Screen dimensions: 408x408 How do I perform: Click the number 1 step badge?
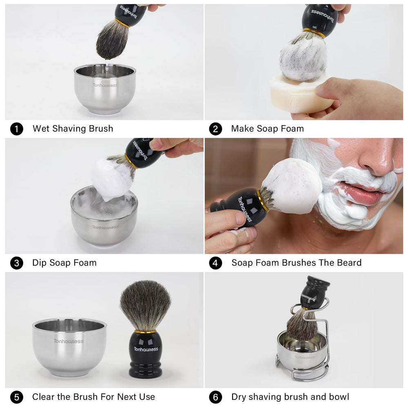pyautogui.click(x=16, y=129)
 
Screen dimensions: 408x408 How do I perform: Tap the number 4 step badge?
pyautogui.click(x=215, y=263)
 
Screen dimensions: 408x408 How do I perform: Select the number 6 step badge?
pyautogui.click(x=215, y=397)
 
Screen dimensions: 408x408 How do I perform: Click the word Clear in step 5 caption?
pyautogui.click(x=44, y=397)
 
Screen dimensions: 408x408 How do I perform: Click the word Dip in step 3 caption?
pyautogui.click(x=40, y=263)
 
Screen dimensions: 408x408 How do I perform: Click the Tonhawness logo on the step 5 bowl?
pyautogui.click(x=68, y=341)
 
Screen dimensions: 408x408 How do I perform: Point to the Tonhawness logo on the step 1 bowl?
pyautogui.click(x=105, y=85)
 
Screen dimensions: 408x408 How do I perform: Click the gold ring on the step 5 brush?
pyautogui.click(x=146, y=331)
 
